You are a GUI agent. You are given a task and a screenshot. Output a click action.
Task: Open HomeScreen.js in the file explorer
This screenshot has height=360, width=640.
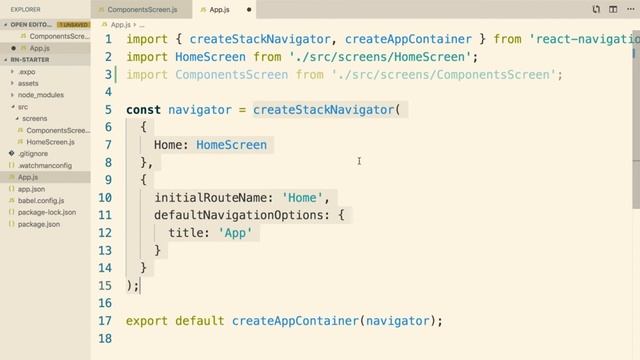(51, 142)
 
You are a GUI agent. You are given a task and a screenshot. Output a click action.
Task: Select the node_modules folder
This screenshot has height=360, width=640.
(40, 95)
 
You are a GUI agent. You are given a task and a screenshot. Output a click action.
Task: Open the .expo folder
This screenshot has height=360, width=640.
(27, 72)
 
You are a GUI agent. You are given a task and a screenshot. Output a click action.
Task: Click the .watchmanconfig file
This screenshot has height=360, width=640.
(45, 165)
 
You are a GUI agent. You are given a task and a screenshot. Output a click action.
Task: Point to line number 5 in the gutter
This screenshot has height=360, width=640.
(109, 109)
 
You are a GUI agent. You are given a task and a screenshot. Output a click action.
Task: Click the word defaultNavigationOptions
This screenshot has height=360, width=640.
(241, 215)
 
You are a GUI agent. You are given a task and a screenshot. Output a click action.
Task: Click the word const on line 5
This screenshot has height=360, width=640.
(143, 109)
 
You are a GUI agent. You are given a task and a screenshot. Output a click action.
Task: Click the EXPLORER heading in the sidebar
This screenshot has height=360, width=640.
(26, 9)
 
